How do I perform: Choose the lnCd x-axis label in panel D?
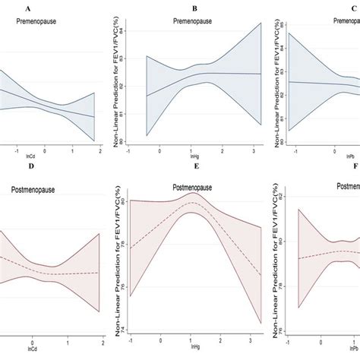(x=31, y=353)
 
